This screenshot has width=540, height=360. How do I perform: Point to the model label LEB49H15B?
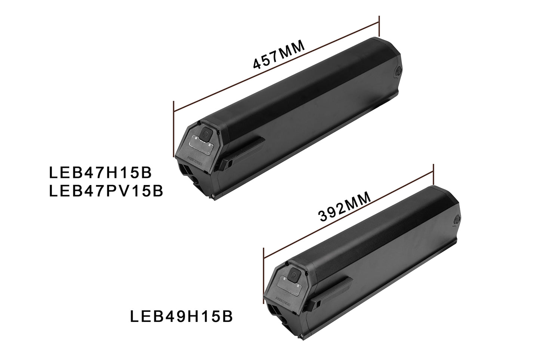[182, 317]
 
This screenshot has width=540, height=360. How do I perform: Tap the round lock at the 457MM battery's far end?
[398, 71]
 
